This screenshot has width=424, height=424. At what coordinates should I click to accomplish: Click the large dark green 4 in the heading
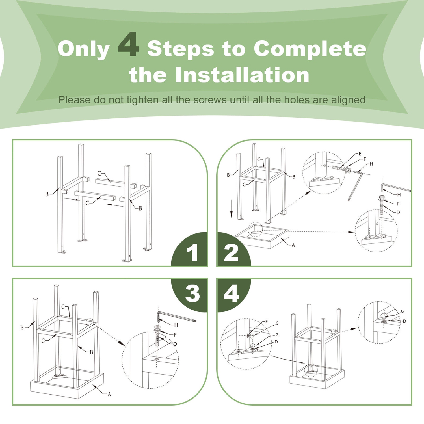point(128,44)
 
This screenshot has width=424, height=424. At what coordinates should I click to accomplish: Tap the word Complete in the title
point(310,49)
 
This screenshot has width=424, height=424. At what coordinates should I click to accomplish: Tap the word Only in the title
point(84,49)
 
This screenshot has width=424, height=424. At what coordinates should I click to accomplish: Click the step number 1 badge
point(189,249)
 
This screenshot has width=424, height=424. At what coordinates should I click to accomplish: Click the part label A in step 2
point(293,245)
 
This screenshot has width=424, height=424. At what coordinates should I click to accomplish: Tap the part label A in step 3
point(109,394)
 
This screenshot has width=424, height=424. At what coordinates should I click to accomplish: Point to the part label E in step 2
point(360,154)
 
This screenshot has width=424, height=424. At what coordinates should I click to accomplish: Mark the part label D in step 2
point(398,212)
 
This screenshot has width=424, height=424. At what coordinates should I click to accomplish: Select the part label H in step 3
point(176,325)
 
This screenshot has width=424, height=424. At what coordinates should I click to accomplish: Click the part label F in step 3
point(175,335)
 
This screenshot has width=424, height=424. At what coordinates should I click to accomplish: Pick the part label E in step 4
point(266,322)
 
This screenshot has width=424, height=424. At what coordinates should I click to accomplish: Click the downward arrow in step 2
point(232,209)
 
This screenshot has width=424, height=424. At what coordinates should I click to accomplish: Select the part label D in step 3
point(175,344)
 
